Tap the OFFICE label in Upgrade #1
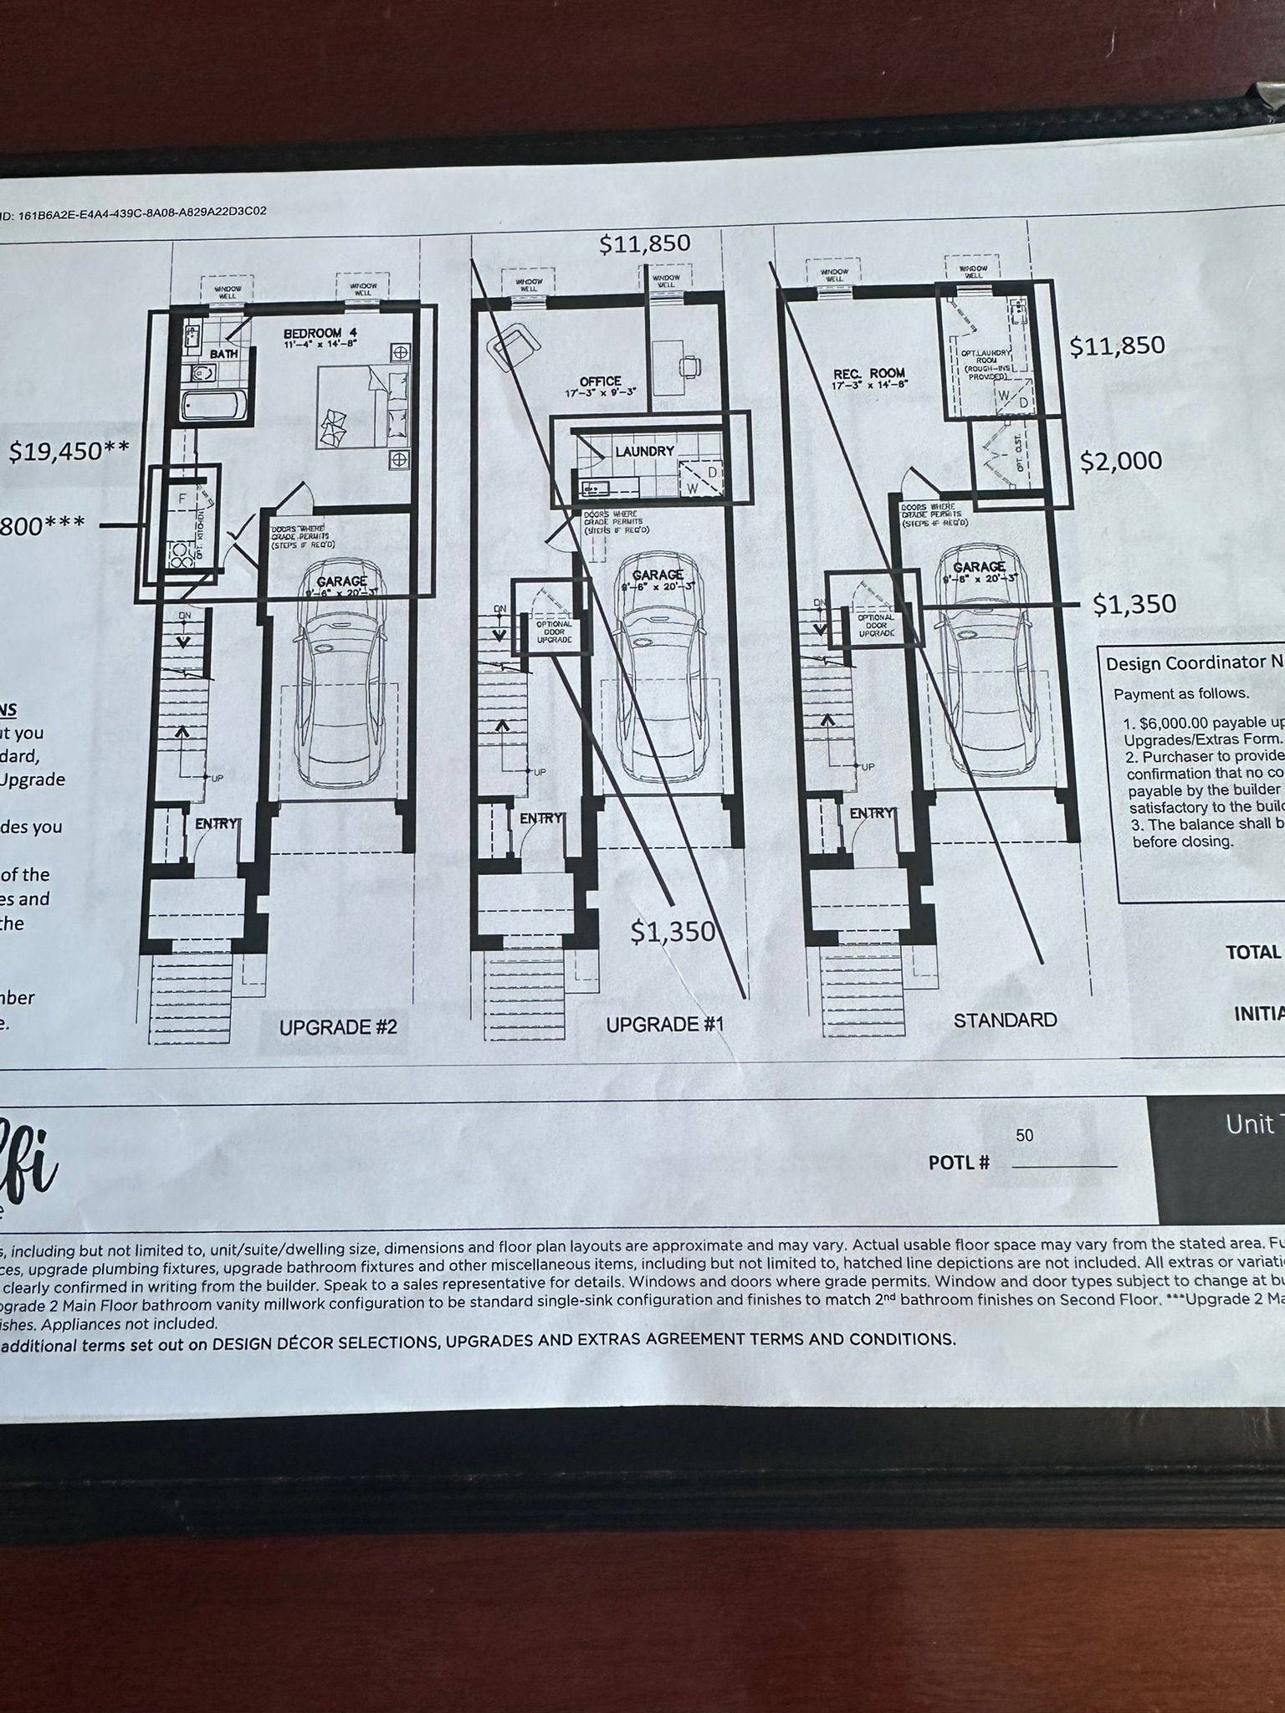tap(600, 381)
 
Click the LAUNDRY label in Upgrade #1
tap(644, 451)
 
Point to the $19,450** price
tap(69, 452)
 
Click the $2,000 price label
tap(1120, 461)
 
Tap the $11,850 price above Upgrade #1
tap(644, 243)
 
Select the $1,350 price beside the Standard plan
tap(1134, 604)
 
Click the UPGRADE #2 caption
tap(338, 1026)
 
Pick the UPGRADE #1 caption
tap(664, 1024)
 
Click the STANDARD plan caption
tap(1005, 1020)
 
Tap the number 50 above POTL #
tap(1024, 1135)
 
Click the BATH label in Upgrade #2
tap(223, 354)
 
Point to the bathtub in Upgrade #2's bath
tap(213, 407)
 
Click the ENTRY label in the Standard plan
tap(871, 813)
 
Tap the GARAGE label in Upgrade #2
tap(341, 581)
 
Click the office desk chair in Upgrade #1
tap(690, 366)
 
